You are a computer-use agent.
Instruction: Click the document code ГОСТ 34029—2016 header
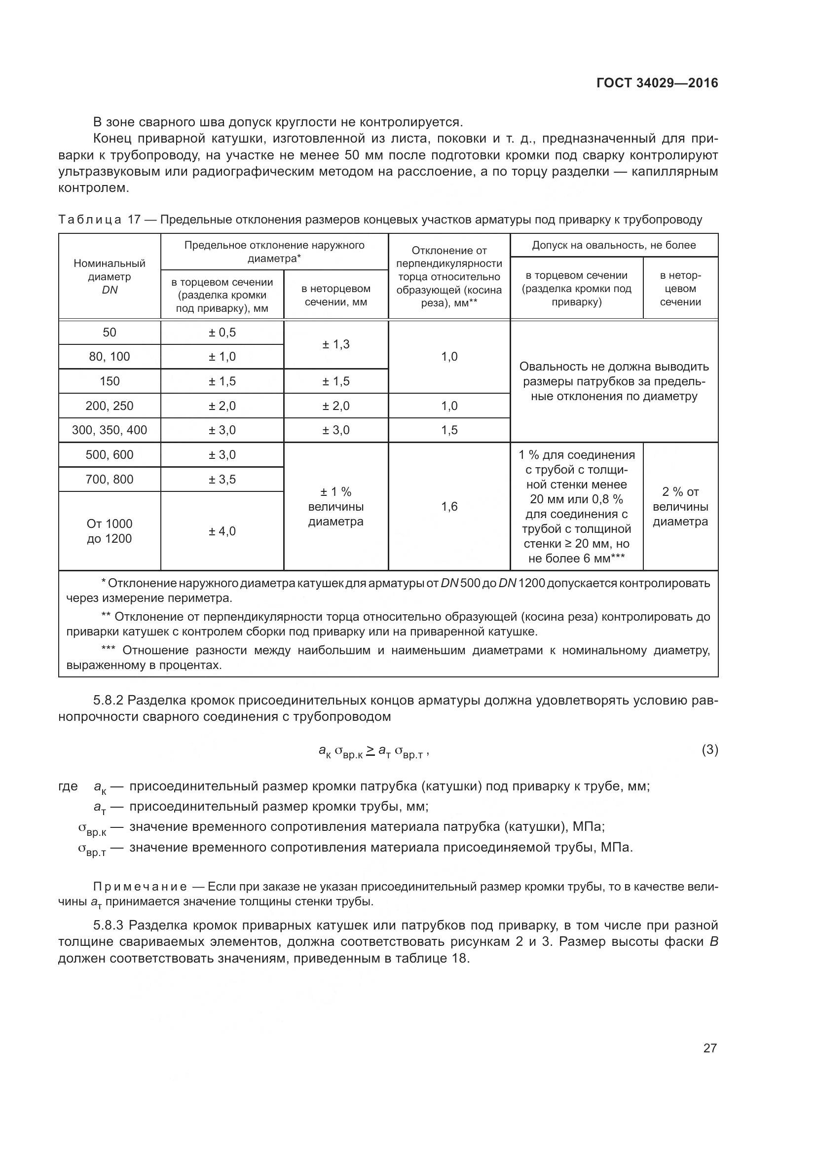coord(657,83)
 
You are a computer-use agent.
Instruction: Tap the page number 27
coord(709,1048)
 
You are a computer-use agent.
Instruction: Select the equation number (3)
coord(709,750)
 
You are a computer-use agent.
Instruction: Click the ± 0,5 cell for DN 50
coord(222,332)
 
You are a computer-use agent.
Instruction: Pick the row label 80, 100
coord(110,356)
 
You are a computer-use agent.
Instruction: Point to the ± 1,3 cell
coord(335,344)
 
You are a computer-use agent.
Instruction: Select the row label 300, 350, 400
coord(110,430)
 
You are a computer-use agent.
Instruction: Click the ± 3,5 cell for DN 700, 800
coord(222,479)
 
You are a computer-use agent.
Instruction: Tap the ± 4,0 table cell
coord(222,531)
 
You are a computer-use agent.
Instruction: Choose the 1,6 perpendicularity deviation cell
coord(449,506)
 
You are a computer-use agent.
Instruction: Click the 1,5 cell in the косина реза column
coord(449,430)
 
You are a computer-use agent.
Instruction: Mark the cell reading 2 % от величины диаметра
coord(680,506)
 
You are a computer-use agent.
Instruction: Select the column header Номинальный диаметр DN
coord(110,276)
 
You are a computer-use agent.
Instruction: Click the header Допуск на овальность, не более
coord(614,245)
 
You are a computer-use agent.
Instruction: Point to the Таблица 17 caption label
coord(90,220)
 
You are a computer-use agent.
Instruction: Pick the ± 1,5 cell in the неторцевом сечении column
coord(335,381)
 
